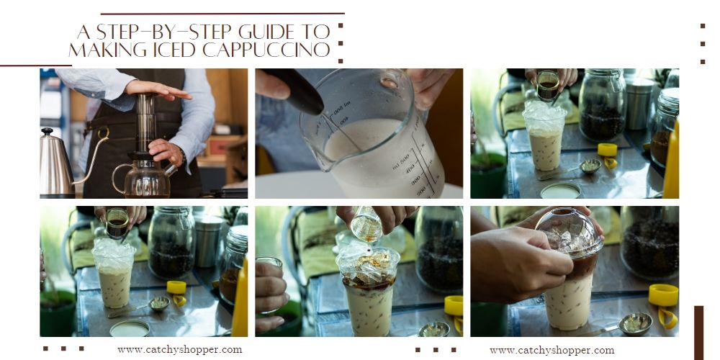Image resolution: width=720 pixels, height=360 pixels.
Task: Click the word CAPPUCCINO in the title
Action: pos(266,50)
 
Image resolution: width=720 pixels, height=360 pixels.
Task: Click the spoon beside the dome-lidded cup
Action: pos(620,325)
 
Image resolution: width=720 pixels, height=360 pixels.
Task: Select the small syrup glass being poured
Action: pos(366,224)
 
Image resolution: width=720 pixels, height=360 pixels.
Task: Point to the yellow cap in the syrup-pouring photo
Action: pos(454,310)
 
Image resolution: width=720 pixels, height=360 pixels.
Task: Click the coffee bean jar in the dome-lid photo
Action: pos(649,243)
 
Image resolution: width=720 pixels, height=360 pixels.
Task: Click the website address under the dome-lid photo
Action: pos(552,351)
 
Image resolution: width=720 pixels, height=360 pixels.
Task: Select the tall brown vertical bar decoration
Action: pos(698,333)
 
